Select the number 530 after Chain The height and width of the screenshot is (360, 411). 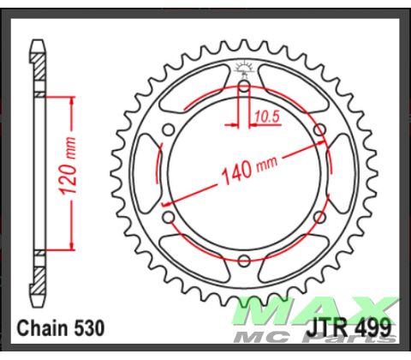pyautogui.click(x=91, y=327)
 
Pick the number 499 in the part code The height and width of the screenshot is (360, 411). pyautogui.click(x=372, y=327)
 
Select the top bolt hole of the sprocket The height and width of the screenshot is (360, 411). pyautogui.click(x=243, y=87)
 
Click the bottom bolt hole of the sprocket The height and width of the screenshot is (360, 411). pyautogui.click(x=243, y=260)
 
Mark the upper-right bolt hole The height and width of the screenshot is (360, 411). pyautogui.click(x=319, y=130)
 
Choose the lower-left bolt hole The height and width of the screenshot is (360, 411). pyautogui.click(x=169, y=217)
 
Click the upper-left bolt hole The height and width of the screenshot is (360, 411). pyautogui.click(x=169, y=130)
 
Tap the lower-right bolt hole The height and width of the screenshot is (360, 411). pyautogui.click(x=319, y=217)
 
